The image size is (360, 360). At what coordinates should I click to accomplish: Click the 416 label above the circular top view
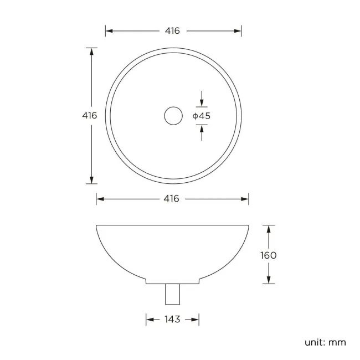172,31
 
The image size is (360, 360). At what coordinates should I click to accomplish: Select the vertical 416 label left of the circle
90,116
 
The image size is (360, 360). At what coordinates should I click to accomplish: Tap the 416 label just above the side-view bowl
172,199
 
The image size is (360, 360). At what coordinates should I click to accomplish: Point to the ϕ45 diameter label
202,116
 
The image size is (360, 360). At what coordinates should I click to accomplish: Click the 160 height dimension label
269,255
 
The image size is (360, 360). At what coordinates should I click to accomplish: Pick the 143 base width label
172,320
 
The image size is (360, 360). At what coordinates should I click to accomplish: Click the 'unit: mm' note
325,342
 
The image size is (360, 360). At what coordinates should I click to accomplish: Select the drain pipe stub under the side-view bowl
173,294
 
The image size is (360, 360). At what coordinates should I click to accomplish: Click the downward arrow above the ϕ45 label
202,101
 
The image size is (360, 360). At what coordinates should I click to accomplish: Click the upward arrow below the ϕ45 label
202,130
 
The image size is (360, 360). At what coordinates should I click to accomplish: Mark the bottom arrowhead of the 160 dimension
269,280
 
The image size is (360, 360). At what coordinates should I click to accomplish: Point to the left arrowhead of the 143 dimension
150,320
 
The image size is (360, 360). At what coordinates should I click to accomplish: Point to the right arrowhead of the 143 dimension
196,320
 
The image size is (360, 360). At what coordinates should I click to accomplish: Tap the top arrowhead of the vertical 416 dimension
91,52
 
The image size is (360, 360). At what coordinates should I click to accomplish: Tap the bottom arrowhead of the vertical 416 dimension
91,180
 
